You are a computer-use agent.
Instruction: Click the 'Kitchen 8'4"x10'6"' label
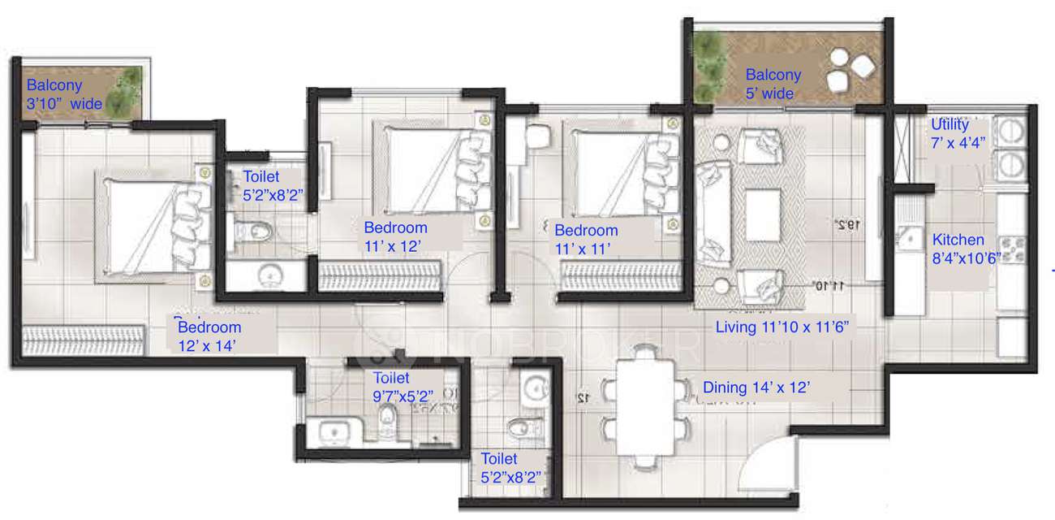click(x=958, y=248)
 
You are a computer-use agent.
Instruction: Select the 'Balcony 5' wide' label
click(x=773, y=84)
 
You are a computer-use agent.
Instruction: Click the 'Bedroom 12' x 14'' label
click(x=209, y=336)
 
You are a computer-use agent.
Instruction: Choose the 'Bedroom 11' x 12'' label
click(x=395, y=236)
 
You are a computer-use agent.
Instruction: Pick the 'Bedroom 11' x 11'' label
click(x=586, y=239)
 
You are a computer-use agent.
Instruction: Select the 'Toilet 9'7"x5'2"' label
click(x=403, y=387)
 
